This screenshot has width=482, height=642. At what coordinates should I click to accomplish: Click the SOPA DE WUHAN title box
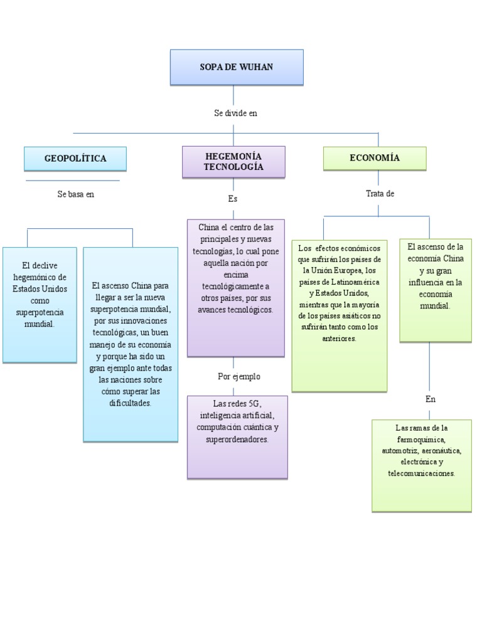pyautogui.click(x=236, y=67)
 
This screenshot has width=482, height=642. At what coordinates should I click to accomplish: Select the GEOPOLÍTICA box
pyautogui.click(x=75, y=159)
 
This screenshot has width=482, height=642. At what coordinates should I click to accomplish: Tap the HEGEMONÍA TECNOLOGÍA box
pyautogui.click(x=233, y=162)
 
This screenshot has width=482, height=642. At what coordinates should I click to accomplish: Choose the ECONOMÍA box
pyautogui.click(x=374, y=158)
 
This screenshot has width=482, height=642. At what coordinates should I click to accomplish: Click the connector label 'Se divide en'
pyautogui.click(x=235, y=113)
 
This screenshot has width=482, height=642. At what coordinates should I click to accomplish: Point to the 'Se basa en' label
pyautogui.click(x=75, y=194)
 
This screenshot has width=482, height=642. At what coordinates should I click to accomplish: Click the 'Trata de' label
pyautogui.click(x=380, y=194)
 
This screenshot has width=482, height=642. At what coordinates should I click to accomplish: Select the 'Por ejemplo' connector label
pyautogui.click(x=238, y=377)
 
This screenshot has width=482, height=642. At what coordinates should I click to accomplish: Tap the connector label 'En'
pyautogui.click(x=430, y=399)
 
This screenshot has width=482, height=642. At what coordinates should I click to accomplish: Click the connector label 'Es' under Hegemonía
pyautogui.click(x=233, y=199)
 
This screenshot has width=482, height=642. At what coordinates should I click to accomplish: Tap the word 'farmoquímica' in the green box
pyautogui.click(x=421, y=439)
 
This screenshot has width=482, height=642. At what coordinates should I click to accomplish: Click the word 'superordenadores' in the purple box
pyautogui.click(x=237, y=439)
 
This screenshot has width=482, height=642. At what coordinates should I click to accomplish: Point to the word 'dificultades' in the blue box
pyautogui.click(x=130, y=403)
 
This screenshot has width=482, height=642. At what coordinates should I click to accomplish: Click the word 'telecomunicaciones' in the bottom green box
pyautogui.click(x=421, y=473)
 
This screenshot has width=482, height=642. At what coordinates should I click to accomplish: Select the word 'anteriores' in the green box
pyautogui.click(x=340, y=338)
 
